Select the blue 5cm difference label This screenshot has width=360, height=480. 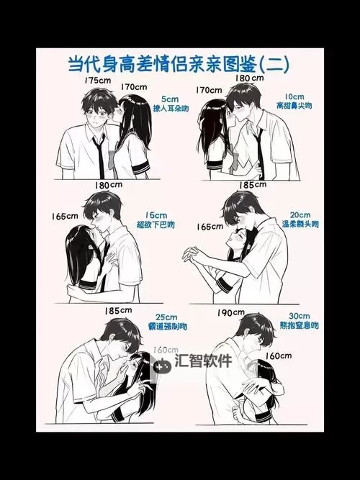tap(169, 98)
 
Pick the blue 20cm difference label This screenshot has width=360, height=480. tap(300, 214)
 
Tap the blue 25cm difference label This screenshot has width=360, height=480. tap(166, 317)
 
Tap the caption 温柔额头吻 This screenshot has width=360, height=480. tap(300, 224)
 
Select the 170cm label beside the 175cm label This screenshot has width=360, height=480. tap(134, 87)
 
